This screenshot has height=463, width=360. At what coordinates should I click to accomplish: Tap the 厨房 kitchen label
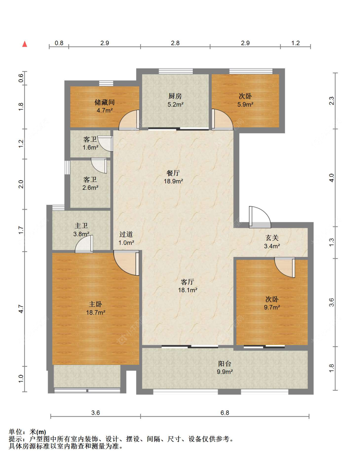(x=175, y=96)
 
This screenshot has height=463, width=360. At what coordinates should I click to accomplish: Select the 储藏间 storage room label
(x=104, y=102)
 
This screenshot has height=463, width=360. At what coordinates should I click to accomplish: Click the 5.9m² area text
(x=245, y=104)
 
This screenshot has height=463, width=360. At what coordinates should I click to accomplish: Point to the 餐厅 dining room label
(x=173, y=173)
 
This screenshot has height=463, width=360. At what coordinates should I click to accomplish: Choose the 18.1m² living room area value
(x=188, y=290)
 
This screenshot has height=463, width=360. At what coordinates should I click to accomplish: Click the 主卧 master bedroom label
(x=95, y=304)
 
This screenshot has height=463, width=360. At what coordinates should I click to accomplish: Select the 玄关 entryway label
(x=272, y=237)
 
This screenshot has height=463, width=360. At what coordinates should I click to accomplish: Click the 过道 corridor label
(x=126, y=234)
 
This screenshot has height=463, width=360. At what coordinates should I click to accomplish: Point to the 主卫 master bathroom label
(x=81, y=226)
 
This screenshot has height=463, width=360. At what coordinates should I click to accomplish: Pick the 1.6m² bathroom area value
(x=90, y=147)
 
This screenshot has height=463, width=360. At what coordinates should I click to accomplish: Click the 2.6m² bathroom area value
(x=90, y=188)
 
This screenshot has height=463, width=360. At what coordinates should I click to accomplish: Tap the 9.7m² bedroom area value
(x=272, y=307)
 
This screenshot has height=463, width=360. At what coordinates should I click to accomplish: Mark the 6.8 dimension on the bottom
(x=225, y=413)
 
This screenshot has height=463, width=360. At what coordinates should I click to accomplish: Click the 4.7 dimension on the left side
(x=21, y=309)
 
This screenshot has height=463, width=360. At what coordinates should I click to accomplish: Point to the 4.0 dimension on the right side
(x=332, y=178)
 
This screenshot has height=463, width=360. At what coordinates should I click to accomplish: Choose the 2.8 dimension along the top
(x=175, y=43)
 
